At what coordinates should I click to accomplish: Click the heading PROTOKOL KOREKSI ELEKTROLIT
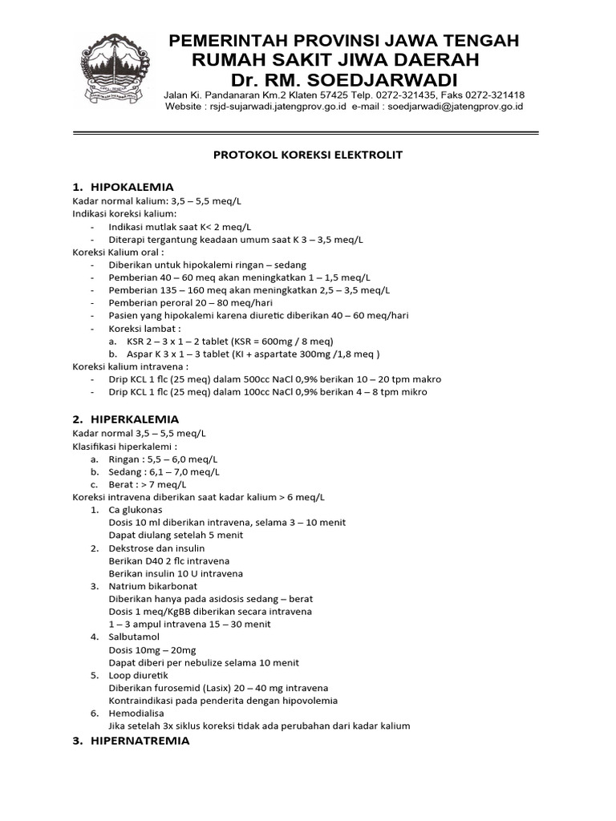pyautogui.click(x=307, y=155)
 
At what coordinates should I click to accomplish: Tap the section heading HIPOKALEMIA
pyautogui.click(x=132, y=187)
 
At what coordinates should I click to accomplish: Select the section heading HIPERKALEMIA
pyautogui.click(x=135, y=419)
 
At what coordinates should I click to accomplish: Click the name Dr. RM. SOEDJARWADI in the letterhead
pyautogui.click(x=343, y=81)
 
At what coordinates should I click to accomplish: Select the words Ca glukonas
pyautogui.click(x=135, y=510)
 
